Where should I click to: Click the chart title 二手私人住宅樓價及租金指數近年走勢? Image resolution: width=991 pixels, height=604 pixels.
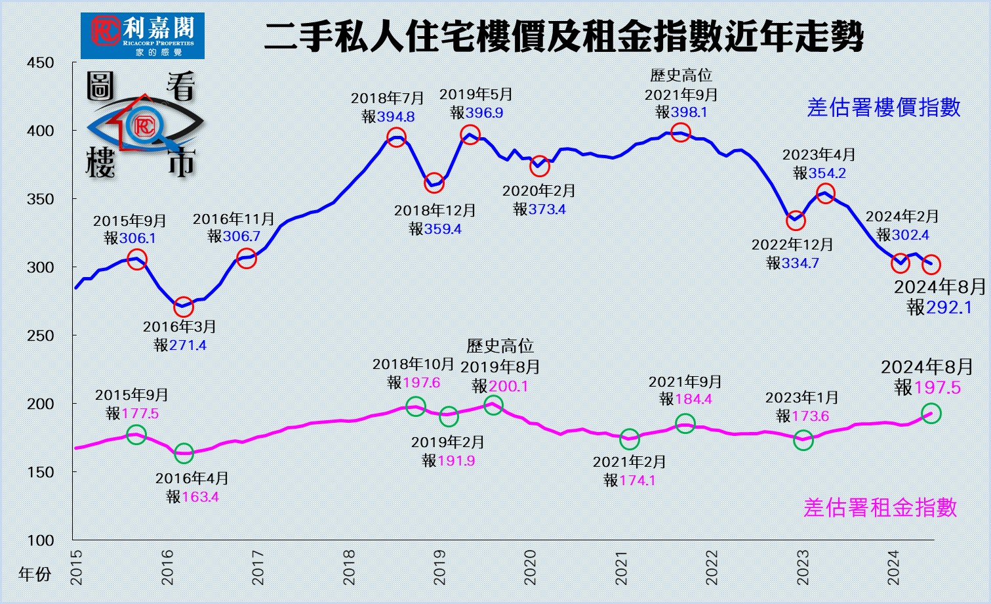(564, 37)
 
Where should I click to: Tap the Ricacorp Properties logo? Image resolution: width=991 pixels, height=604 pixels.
(142, 35)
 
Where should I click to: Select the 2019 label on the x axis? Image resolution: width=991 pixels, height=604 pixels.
(439, 567)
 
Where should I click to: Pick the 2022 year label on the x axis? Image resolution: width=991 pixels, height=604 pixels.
(712, 567)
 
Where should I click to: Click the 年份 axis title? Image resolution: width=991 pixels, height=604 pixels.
(35, 574)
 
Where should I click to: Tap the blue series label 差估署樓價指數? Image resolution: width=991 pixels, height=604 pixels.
(883, 108)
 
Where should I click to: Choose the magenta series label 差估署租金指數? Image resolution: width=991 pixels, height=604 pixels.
(880, 507)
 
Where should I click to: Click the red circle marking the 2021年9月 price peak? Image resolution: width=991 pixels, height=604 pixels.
(681, 133)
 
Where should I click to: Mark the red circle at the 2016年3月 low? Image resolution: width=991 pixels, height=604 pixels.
(184, 307)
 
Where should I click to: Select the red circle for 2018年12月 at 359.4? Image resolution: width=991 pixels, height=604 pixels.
(434, 184)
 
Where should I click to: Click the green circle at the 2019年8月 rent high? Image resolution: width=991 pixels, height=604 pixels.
(493, 405)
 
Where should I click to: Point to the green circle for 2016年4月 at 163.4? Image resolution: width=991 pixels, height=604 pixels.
(184, 452)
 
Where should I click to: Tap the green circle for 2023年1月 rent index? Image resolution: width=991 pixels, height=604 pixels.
(803, 440)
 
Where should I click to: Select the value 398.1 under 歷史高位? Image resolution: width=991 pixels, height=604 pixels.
(689, 112)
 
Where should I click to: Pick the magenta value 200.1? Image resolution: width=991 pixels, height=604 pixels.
(508, 386)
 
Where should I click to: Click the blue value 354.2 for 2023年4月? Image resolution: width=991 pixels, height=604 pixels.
(827, 173)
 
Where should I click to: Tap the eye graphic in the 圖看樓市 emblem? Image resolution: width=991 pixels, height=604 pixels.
(145, 124)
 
